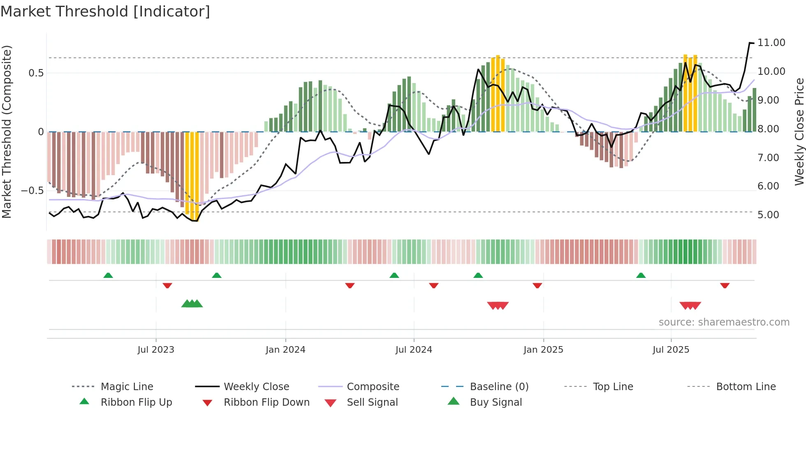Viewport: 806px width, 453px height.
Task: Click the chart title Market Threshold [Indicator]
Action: click(105, 12)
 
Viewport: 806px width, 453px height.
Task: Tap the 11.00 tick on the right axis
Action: click(771, 43)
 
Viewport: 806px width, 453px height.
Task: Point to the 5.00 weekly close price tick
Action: click(768, 215)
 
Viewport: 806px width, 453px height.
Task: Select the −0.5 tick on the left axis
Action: click(32, 191)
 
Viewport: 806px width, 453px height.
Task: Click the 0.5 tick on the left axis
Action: click(36, 73)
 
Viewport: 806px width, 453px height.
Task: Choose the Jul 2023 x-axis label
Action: click(156, 350)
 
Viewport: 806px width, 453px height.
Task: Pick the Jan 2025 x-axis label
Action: click(543, 350)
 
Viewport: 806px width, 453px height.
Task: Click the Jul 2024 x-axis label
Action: click(414, 350)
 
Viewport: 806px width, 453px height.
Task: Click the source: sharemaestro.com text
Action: click(724, 322)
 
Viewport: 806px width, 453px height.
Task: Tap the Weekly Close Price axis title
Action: click(799, 132)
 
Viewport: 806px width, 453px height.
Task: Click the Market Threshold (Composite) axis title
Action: click(7, 132)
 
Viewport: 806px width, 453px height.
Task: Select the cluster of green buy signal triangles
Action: click(192, 304)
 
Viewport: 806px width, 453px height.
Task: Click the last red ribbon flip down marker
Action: click(725, 285)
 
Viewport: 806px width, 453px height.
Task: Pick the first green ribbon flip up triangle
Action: click(108, 275)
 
